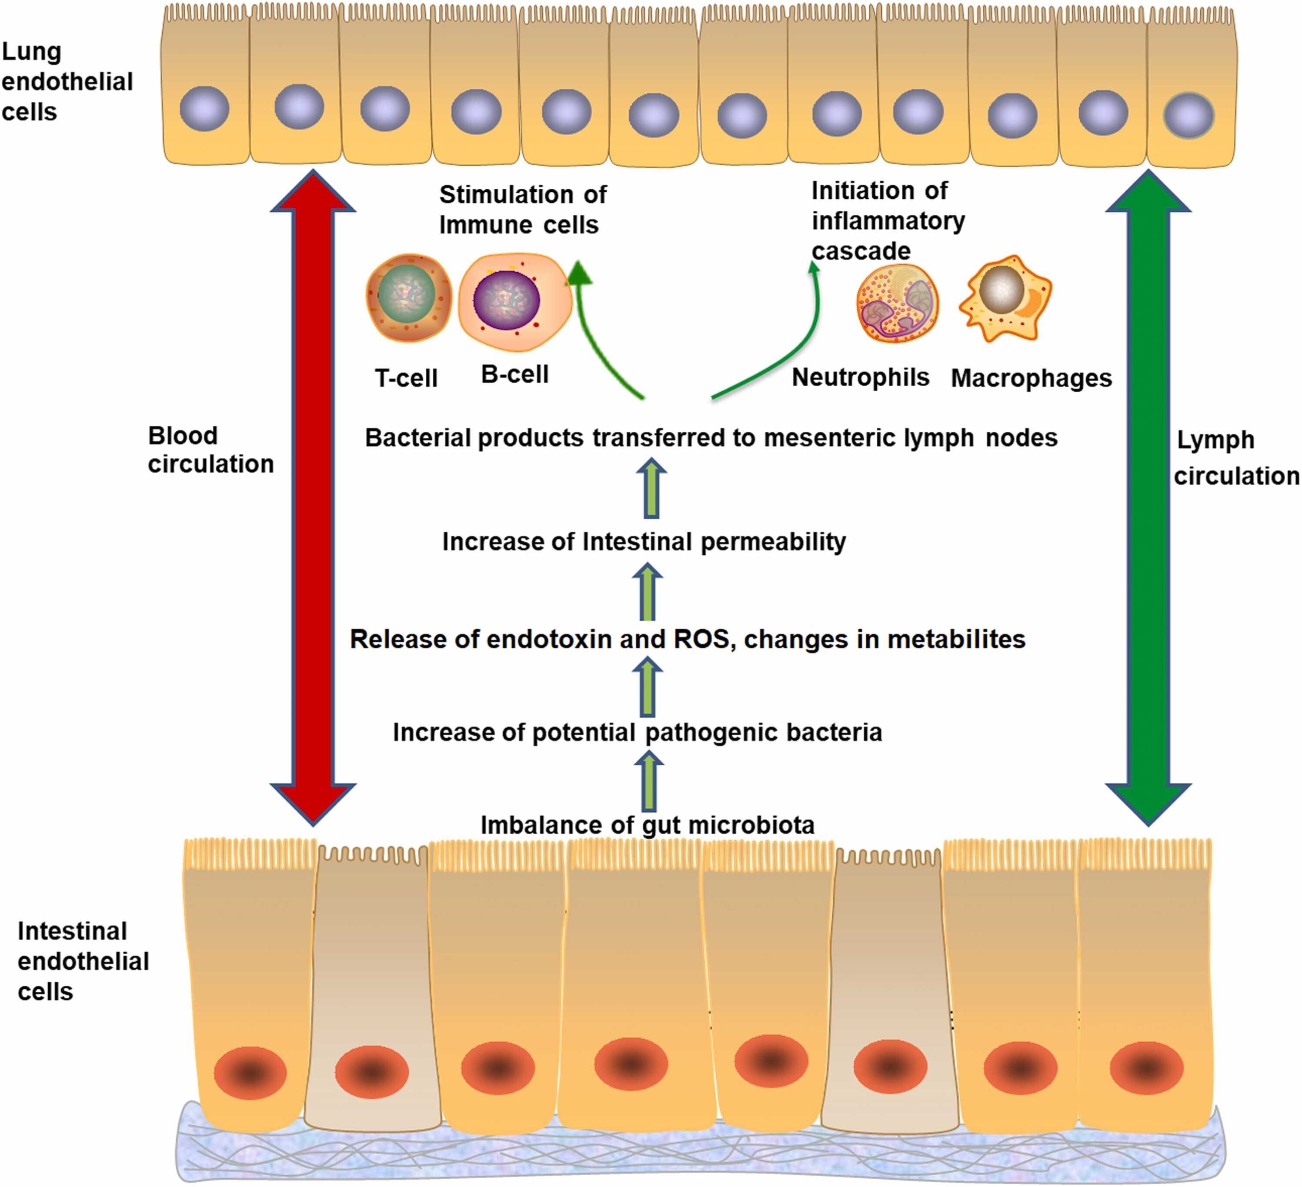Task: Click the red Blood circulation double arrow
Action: coord(313,497)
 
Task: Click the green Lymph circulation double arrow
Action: coord(1148,497)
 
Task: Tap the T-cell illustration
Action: coord(408,297)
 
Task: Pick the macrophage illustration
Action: coord(1005,297)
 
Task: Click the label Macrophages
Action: coord(1032,378)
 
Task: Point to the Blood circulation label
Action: coord(210,450)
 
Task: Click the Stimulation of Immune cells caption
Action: coord(522,209)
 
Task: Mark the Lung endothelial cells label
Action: coord(67,81)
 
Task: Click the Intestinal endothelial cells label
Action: coord(83,961)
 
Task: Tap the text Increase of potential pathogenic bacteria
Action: coord(637,732)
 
